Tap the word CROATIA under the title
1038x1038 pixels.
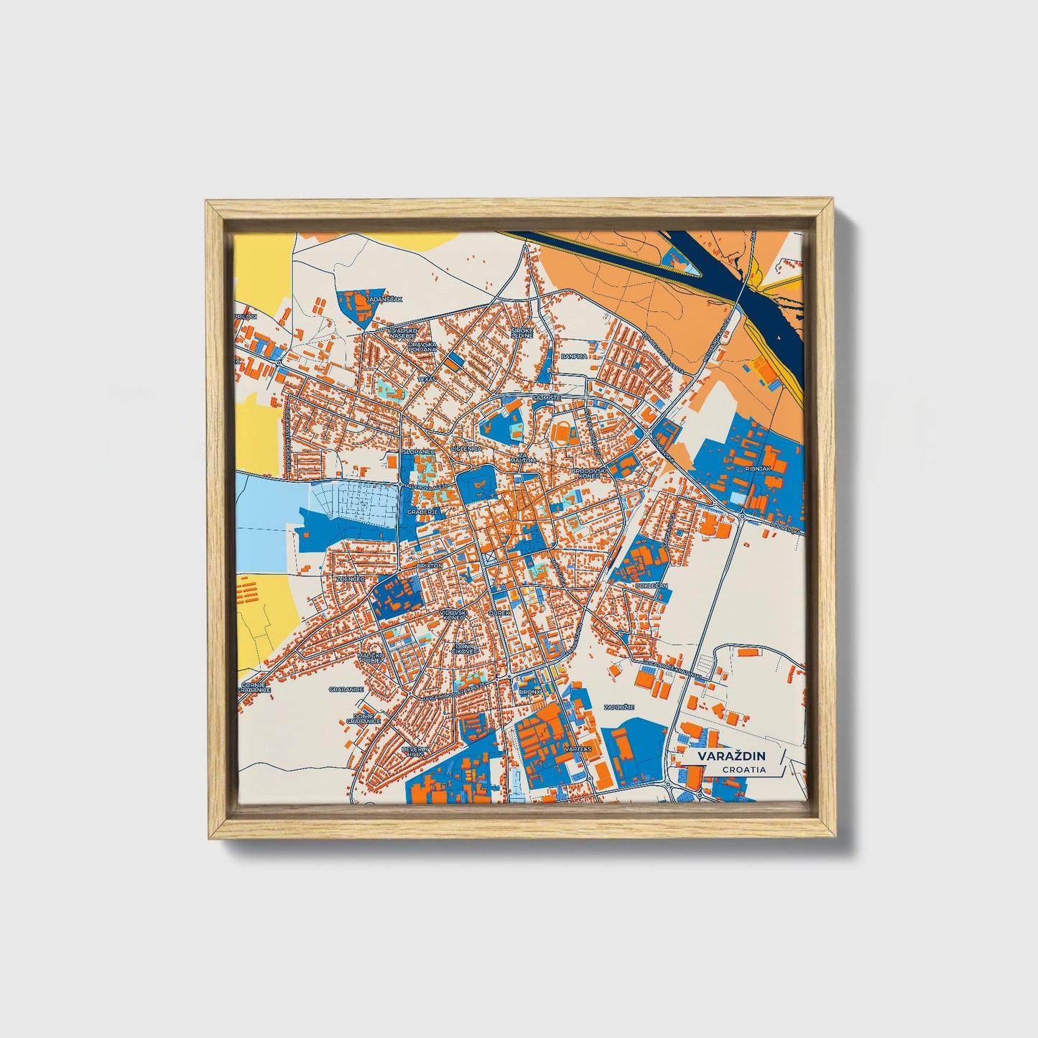[743, 769]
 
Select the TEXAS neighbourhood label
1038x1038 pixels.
[427, 378]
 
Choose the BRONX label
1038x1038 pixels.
[529, 692]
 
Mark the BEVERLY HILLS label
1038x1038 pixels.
[414, 751]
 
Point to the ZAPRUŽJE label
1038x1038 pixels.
[619, 707]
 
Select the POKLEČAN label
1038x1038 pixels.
[652, 585]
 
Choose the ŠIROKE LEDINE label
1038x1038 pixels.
[522, 333]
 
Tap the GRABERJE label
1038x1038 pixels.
[422, 512]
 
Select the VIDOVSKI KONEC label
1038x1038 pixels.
[453, 615]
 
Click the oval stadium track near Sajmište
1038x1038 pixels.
[562, 433]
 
